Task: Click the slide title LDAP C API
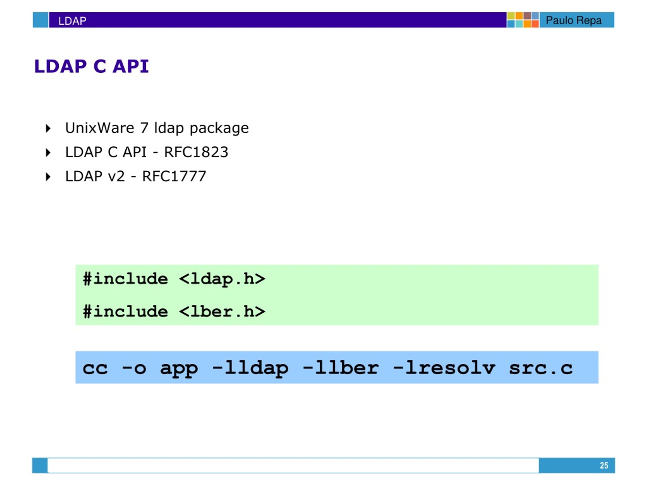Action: [91, 66]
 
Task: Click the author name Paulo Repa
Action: [574, 21]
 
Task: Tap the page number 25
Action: [604, 465]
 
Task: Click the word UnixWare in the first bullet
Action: [99, 128]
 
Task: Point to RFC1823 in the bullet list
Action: [196, 152]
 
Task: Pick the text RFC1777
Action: [174, 176]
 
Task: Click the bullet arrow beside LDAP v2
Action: [48, 177]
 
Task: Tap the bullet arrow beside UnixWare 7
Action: [48, 128]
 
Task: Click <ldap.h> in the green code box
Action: [222, 279]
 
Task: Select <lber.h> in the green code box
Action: [222, 311]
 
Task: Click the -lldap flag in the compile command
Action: [250, 368]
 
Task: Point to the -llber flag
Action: [341, 368]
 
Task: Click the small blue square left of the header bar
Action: [40, 20]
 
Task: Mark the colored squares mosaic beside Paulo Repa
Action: [523, 20]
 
